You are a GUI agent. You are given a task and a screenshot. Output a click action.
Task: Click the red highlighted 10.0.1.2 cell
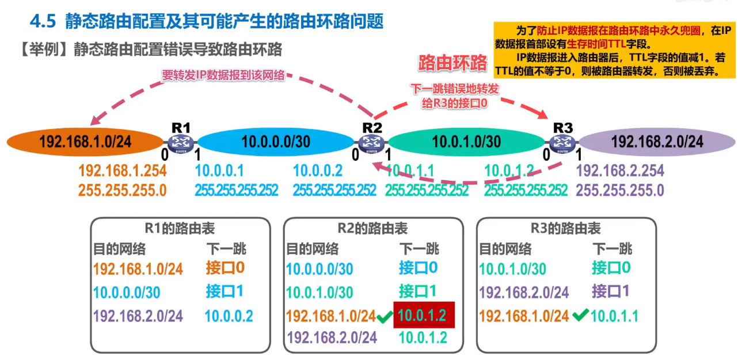[424, 315]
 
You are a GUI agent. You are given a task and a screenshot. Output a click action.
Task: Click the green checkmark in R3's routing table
[580, 315]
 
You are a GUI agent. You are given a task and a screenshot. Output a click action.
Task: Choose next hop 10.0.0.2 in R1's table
[229, 316]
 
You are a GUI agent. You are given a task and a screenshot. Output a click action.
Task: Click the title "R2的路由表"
[372, 229]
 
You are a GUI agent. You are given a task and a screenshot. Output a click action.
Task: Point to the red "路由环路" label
[452, 62]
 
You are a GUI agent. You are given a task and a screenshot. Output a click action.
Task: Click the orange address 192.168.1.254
[122, 170]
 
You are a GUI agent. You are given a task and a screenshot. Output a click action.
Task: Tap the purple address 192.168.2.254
[619, 170]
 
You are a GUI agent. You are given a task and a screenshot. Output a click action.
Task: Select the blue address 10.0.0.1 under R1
[220, 170]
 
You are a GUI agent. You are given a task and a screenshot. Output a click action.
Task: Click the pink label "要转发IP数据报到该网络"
[223, 75]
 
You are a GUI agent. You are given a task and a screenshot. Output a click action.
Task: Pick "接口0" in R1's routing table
[225, 268]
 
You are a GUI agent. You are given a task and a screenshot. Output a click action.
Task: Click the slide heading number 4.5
[43, 22]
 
